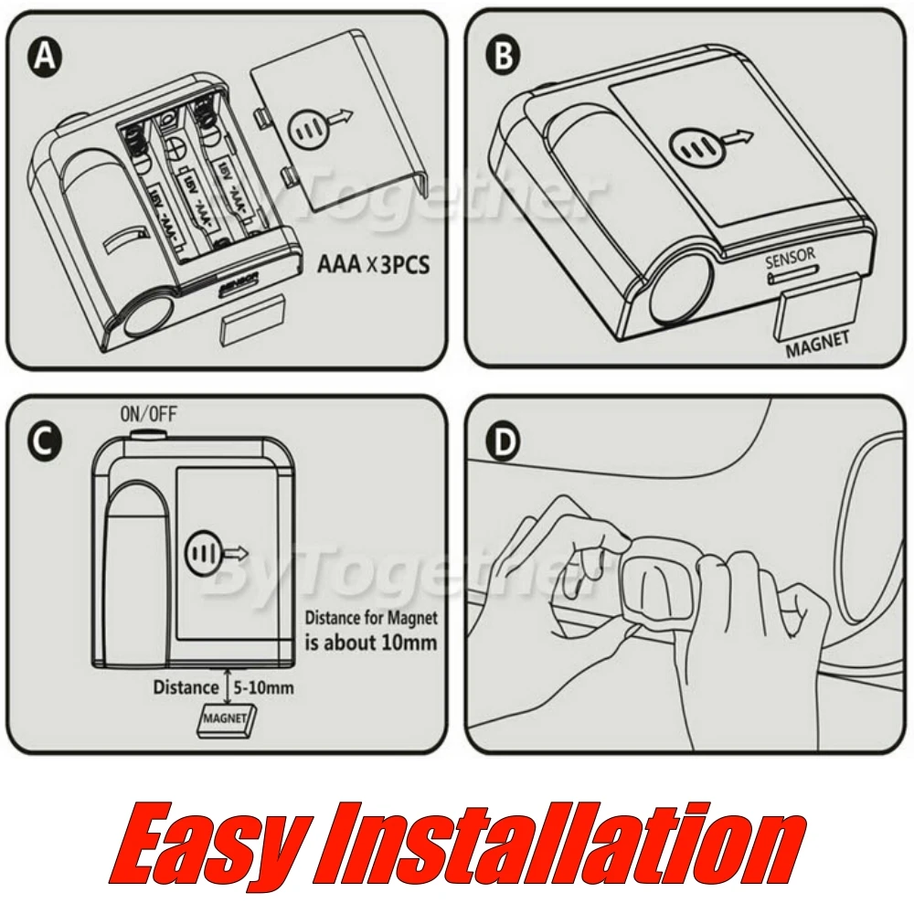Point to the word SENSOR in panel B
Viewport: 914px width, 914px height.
pos(790,260)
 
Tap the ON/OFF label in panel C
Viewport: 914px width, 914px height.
pos(148,414)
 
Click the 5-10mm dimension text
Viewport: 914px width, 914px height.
pos(266,686)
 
